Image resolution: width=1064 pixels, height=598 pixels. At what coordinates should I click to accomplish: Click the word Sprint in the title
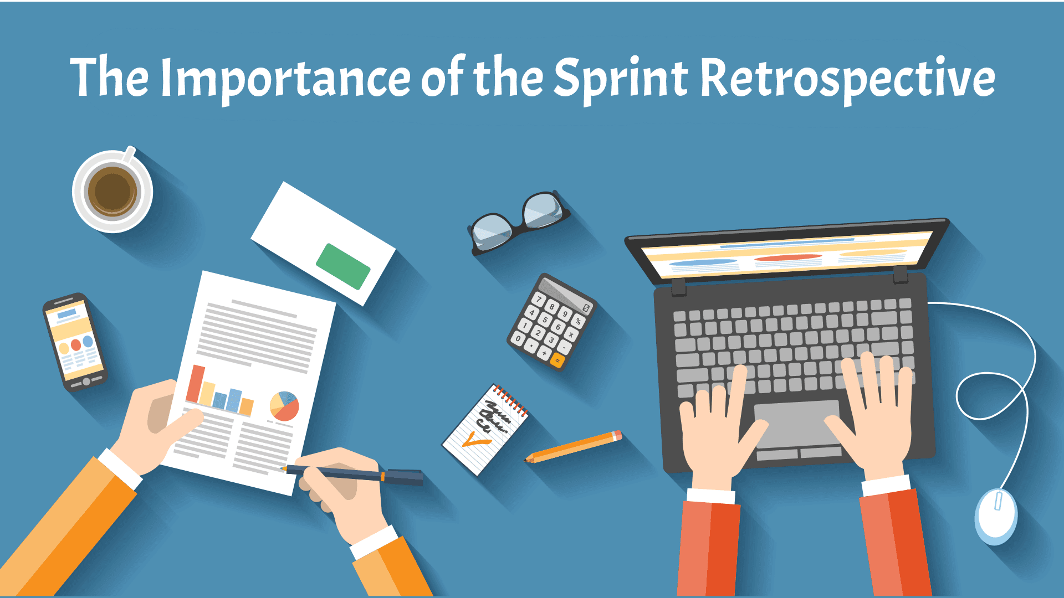(621, 79)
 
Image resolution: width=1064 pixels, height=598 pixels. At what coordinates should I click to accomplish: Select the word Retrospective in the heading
(848, 79)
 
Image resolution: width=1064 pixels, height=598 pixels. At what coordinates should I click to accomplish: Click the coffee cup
(113, 190)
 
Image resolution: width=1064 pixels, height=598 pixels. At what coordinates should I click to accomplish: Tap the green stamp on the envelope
(343, 266)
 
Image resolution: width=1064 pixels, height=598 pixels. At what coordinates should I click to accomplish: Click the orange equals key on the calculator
(557, 361)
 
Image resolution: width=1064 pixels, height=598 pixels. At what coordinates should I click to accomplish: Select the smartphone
(75, 342)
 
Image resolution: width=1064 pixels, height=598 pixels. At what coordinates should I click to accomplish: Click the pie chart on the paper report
(284, 406)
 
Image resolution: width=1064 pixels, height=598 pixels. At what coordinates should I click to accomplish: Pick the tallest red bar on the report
(196, 384)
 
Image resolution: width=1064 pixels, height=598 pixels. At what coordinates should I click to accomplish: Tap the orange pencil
(574, 446)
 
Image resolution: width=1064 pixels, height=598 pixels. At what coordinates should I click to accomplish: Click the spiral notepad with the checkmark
(485, 430)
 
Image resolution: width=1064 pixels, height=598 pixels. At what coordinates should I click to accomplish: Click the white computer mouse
(996, 516)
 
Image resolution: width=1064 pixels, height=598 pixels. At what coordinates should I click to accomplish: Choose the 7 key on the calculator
(539, 300)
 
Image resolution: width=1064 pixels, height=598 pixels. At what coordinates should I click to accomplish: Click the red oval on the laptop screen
(787, 258)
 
